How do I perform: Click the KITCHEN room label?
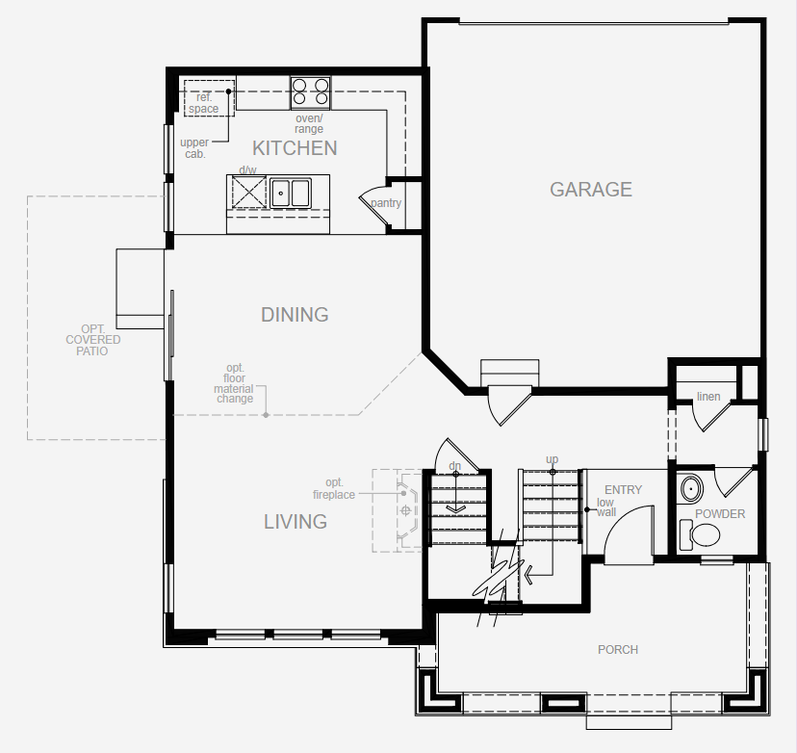pos(295,148)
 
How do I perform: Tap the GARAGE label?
pos(591,190)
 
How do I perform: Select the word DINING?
pos(295,315)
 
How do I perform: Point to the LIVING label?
pos(296,522)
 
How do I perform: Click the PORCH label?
pos(618,650)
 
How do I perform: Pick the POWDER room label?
pos(720,514)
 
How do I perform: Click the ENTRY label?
pos(623,490)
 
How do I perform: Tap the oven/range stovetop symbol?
pos(311,92)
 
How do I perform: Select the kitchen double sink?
pos(290,193)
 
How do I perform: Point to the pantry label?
pos(386,203)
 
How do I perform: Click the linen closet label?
pos(708,397)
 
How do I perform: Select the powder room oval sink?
pos(691,490)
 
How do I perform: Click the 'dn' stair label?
pos(455,466)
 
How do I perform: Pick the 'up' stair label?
pos(552,459)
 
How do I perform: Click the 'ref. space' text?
pos(204,103)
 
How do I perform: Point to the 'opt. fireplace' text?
pos(334,488)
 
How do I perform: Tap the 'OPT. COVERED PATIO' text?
pos(93,340)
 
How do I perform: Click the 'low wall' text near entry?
pos(605,507)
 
